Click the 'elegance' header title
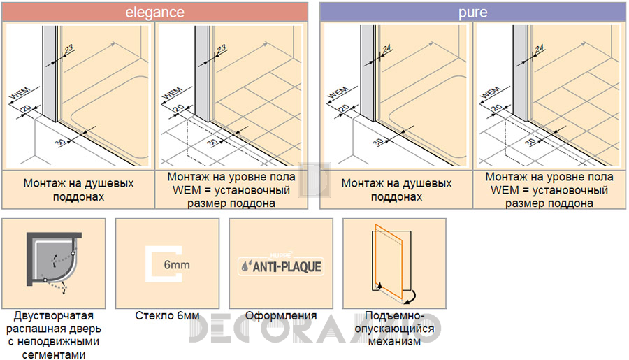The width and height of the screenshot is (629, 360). pos(155,12)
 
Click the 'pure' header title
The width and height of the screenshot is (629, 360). pos(473,13)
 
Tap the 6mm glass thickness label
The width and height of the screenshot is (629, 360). pos(177,265)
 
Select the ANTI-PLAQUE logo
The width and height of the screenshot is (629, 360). pos(281,266)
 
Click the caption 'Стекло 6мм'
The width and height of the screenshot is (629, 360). pos(167,316)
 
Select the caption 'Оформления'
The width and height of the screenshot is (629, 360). pos(281,316)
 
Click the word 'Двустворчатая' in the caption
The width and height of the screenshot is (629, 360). pos(53,316)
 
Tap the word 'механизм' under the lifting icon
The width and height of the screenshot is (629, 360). pos(394,342)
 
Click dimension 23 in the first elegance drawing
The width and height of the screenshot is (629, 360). pos(68,50)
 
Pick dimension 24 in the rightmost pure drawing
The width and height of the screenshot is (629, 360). pos(539,49)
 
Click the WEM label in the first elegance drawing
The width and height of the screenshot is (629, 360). pos(20,94)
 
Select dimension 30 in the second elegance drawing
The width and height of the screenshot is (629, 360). pos(213,142)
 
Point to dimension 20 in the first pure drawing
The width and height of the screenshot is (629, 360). pos(344,108)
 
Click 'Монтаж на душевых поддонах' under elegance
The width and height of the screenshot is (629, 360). pos(78,190)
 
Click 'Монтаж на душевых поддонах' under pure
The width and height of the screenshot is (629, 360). pos(396,190)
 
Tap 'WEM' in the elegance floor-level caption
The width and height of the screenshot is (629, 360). pos(187,190)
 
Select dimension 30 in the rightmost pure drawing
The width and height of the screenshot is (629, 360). pos(530,142)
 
